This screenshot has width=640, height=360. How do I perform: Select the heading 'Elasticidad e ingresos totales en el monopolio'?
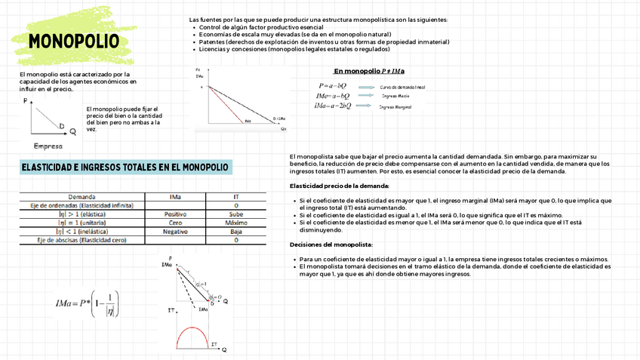coord(125,167)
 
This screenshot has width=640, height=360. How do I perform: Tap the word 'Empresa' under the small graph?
coord(48,146)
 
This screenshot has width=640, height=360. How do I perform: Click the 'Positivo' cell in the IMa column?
coord(175,214)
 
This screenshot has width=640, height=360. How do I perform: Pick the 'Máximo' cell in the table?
coord(236,223)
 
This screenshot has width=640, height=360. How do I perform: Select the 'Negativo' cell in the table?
coord(175,232)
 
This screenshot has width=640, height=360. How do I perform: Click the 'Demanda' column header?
coord(82,196)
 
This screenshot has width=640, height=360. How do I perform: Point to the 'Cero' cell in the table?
coord(175,223)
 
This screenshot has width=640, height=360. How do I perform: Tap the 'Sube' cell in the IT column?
coord(236,214)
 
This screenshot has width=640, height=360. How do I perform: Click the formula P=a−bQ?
coord(334,87)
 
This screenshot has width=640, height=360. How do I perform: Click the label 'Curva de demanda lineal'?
coord(403,87)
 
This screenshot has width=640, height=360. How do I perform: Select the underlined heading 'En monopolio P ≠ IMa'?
coord(369,71)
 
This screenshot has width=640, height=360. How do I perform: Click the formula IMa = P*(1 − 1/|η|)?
coord(87,303)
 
